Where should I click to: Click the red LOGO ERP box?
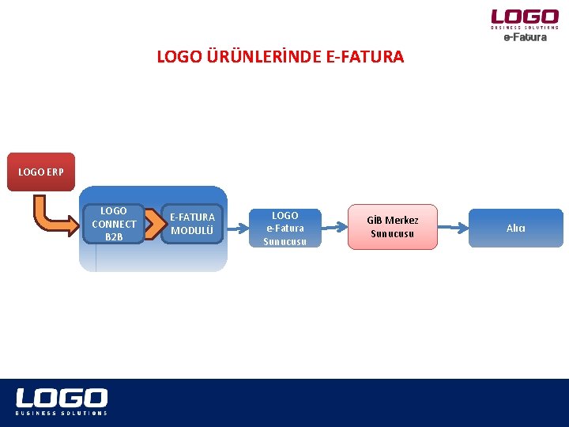click(41, 172)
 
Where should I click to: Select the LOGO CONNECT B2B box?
click(114, 224)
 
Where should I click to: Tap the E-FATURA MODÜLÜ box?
click(192, 224)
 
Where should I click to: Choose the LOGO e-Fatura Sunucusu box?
click(284, 228)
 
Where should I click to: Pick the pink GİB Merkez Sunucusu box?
click(393, 227)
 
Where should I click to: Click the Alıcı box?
click(516, 228)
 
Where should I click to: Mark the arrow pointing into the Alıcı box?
click(454, 228)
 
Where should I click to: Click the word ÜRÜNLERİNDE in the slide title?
click(262, 57)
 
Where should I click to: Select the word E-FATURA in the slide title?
click(364, 57)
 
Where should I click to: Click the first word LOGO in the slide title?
click(179, 57)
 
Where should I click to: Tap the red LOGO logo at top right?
click(525, 17)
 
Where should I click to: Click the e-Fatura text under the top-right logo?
click(525, 37)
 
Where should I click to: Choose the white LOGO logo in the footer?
click(62, 398)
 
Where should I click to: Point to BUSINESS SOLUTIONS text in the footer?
click(62, 413)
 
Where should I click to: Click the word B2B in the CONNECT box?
click(114, 236)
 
